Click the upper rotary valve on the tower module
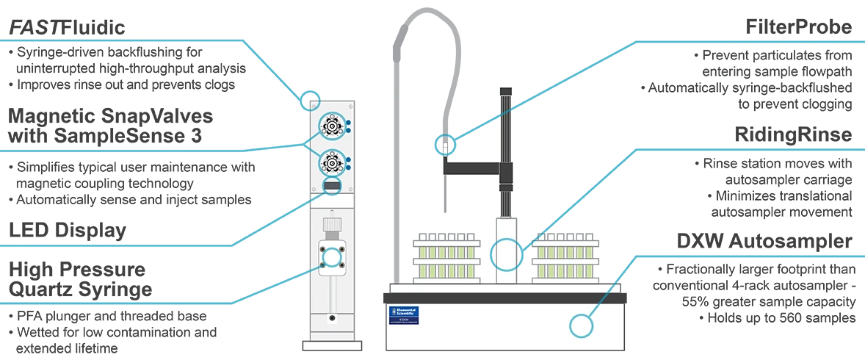pyautogui.click(x=332, y=127)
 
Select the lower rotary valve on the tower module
pyautogui.click(x=332, y=162)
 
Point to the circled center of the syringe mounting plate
pyautogui.click(x=332, y=257)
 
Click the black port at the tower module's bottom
pyautogui.click(x=332, y=319)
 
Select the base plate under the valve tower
pyautogui.click(x=332, y=345)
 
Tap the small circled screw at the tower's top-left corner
pyautogui.click(x=314, y=101)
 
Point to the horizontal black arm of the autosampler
pyautogui.click(x=470, y=171)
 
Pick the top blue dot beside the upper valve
pyautogui.click(x=348, y=123)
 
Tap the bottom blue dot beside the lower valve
pyautogui.click(x=348, y=167)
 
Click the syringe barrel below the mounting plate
pyautogui.click(x=332, y=294)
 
